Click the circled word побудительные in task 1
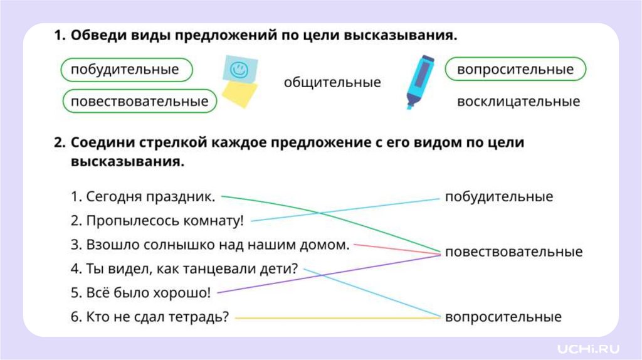(x=125, y=70)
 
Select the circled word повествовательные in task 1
(x=139, y=101)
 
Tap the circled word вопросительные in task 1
(x=515, y=69)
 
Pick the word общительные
(x=332, y=83)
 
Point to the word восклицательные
(x=518, y=102)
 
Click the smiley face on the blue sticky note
(x=238, y=70)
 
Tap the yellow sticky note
(x=241, y=95)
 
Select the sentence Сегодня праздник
(x=143, y=197)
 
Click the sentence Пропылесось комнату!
(x=157, y=221)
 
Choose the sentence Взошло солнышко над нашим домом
(x=210, y=245)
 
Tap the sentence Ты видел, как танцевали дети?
(x=184, y=269)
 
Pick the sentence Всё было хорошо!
(x=141, y=293)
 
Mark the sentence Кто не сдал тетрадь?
(x=150, y=317)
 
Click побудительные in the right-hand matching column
(x=499, y=197)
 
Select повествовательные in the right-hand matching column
(x=513, y=252)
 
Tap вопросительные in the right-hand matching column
(x=503, y=317)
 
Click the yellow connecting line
(x=339, y=318)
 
